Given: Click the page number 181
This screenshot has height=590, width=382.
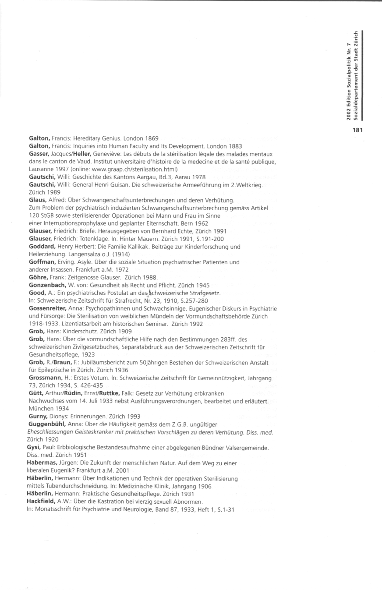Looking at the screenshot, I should click(x=358, y=130).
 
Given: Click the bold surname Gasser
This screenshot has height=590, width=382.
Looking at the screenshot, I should click(x=39, y=154).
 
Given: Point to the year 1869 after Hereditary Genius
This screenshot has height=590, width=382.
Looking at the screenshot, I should click(x=150, y=138).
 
